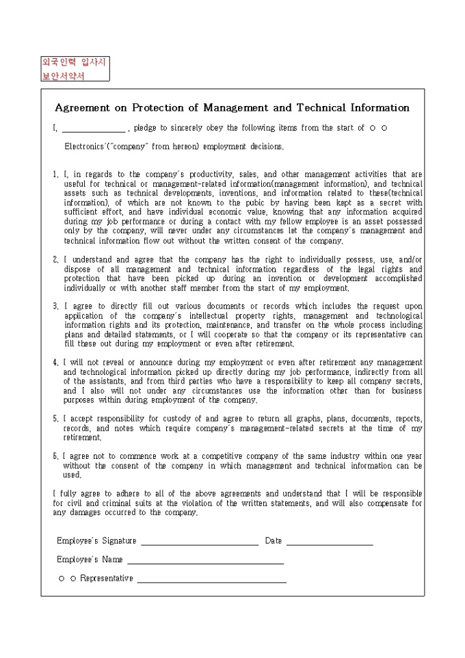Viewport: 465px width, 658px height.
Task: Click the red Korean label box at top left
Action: [x=74, y=69]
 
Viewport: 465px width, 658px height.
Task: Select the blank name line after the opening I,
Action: [x=94, y=129]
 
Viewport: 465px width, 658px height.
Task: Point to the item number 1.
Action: [x=55, y=174]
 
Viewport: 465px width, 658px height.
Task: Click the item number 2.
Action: [x=55, y=260]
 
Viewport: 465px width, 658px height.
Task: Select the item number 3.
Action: [x=55, y=306]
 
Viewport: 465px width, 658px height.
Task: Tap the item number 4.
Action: [x=55, y=362]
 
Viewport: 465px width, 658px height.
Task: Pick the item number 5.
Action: [x=55, y=418]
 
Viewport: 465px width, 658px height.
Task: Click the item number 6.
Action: [x=55, y=456]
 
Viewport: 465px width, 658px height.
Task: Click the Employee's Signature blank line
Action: [x=199, y=542]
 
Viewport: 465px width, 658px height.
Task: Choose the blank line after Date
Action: [x=330, y=542]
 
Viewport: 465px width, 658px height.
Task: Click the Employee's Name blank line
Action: [x=205, y=561]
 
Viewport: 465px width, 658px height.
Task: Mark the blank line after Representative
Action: [x=211, y=579]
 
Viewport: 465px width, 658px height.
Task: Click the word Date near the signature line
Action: [x=273, y=540]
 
